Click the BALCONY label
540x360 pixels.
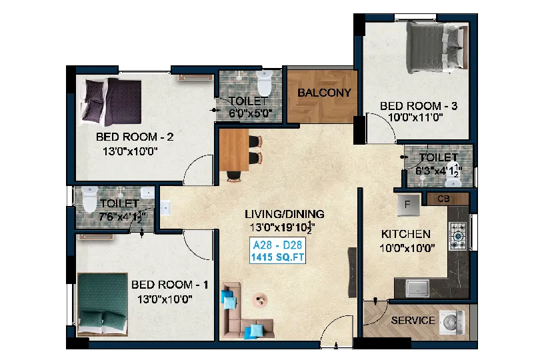pyautogui.click(x=324, y=93)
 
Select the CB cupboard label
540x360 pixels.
pyautogui.click(x=443, y=199)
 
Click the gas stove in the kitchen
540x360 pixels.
pyautogui.click(x=459, y=236)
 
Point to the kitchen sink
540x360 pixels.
pyautogui.click(x=417, y=288)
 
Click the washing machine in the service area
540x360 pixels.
pyautogui.click(x=451, y=323)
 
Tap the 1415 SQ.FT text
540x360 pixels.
pyautogui.click(x=277, y=257)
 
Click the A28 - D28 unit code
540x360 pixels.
pyautogui.click(x=277, y=245)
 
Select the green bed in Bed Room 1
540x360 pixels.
pyautogui.click(x=103, y=305)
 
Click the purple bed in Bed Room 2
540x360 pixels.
pyautogui.click(x=111, y=102)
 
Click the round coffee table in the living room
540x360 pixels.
pyautogui.click(x=259, y=299)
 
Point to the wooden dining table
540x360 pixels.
pyautogui.click(x=234, y=150)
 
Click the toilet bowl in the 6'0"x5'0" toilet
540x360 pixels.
pyautogui.click(x=265, y=83)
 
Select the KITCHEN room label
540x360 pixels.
pyautogui.click(x=406, y=234)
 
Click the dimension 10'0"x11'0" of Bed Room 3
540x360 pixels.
pyautogui.click(x=415, y=117)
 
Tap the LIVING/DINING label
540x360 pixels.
pyautogui.click(x=285, y=214)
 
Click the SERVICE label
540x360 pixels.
pyautogui.click(x=413, y=321)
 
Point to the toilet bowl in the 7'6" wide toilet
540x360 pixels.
pyautogui.click(x=89, y=199)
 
